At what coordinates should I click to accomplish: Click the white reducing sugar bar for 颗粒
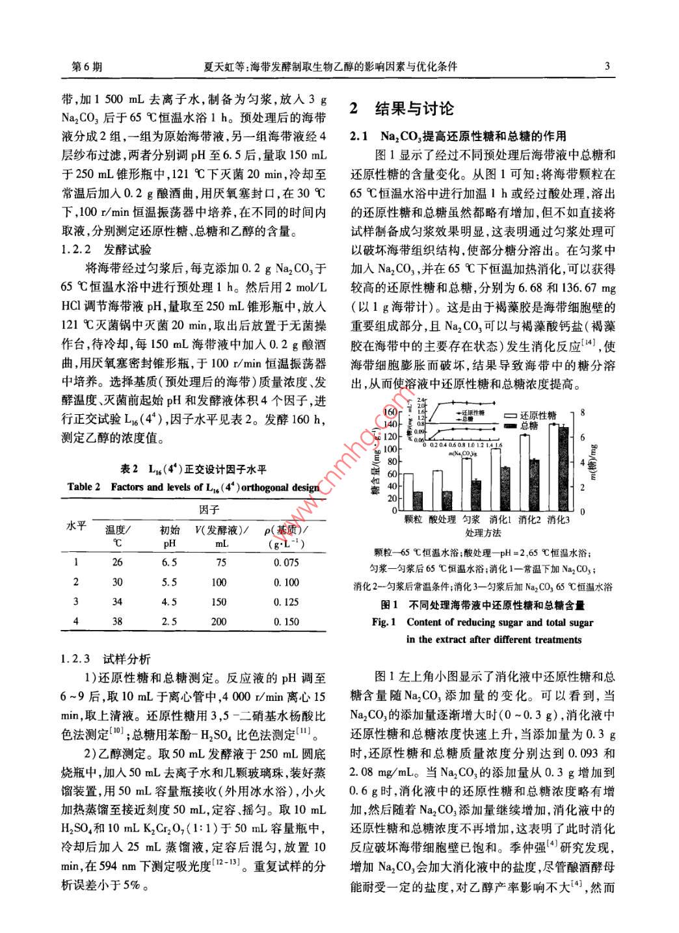(408, 492)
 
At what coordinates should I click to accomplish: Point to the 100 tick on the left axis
(389, 449)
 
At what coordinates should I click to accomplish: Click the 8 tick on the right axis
(583, 412)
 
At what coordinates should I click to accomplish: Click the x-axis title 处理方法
(483, 533)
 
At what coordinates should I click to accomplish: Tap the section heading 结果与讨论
(411, 109)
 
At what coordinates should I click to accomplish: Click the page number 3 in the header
(607, 66)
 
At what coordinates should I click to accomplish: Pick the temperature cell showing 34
(117, 602)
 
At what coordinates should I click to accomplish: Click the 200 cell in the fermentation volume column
(219, 622)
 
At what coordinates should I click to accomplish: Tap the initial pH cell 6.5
(169, 563)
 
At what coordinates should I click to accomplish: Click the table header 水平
(76, 525)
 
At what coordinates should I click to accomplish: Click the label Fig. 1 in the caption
(384, 622)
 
